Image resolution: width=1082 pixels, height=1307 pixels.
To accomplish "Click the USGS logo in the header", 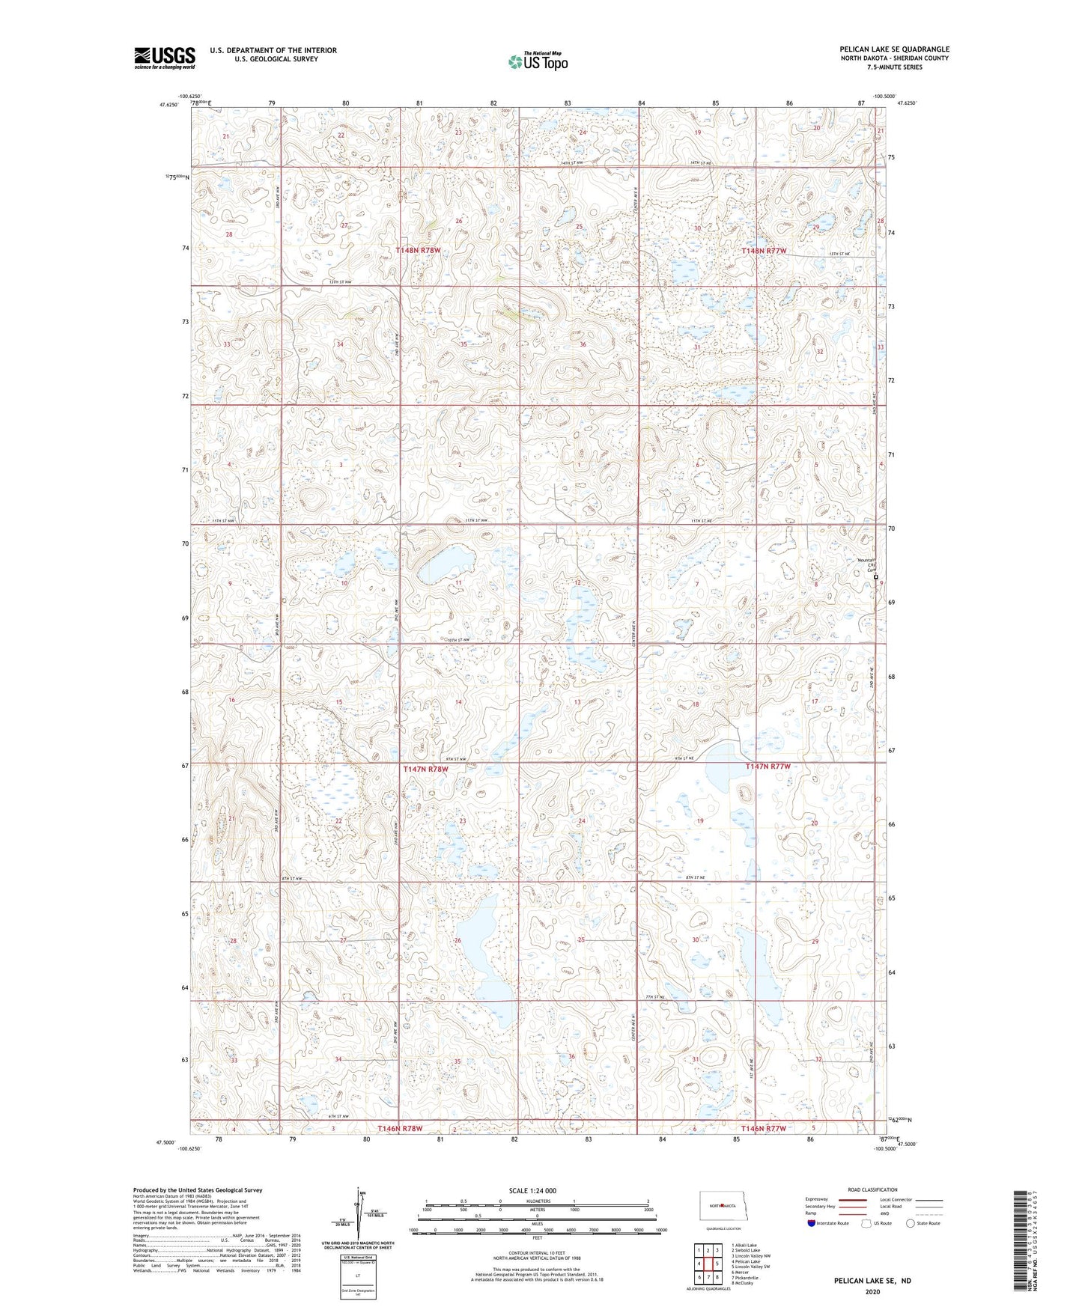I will click(x=165, y=57).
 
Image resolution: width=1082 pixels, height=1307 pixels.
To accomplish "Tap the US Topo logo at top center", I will click(x=537, y=62).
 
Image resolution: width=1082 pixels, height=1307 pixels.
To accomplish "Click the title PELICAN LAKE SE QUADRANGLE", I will click(x=894, y=49).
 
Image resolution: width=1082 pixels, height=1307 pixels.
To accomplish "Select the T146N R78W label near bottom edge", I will click(x=400, y=1128).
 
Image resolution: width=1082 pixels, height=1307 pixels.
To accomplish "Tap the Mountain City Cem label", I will click(x=866, y=566).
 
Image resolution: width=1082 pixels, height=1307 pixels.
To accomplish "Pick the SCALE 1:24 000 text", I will click(x=532, y=1191).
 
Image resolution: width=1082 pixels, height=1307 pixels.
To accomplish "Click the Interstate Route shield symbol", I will click(x=812, y=1224).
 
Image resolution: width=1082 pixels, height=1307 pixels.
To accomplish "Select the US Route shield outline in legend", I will click(x=867, y=1224).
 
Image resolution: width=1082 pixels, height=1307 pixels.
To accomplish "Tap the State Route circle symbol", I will click(x=911, y=1224).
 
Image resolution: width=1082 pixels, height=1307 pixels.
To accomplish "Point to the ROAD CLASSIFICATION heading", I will click(x=872, y=1189).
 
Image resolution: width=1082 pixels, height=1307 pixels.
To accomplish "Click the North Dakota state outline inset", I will click(x=723, y=1206).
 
